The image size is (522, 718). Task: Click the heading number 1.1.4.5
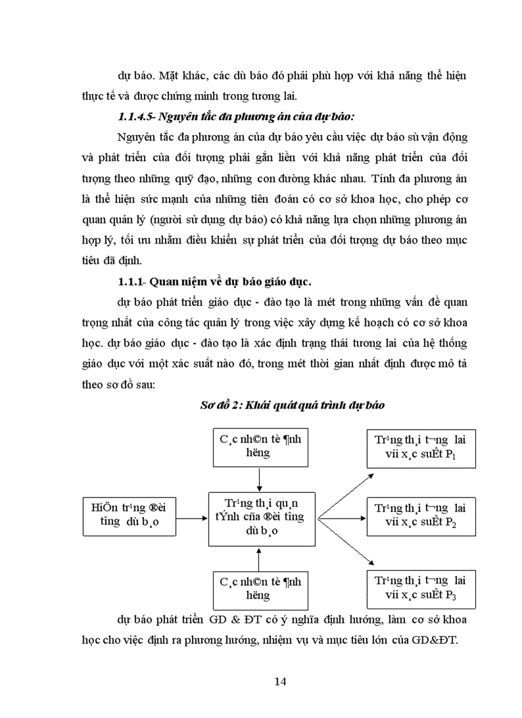136,116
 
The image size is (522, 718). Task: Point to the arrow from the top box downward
258,478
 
